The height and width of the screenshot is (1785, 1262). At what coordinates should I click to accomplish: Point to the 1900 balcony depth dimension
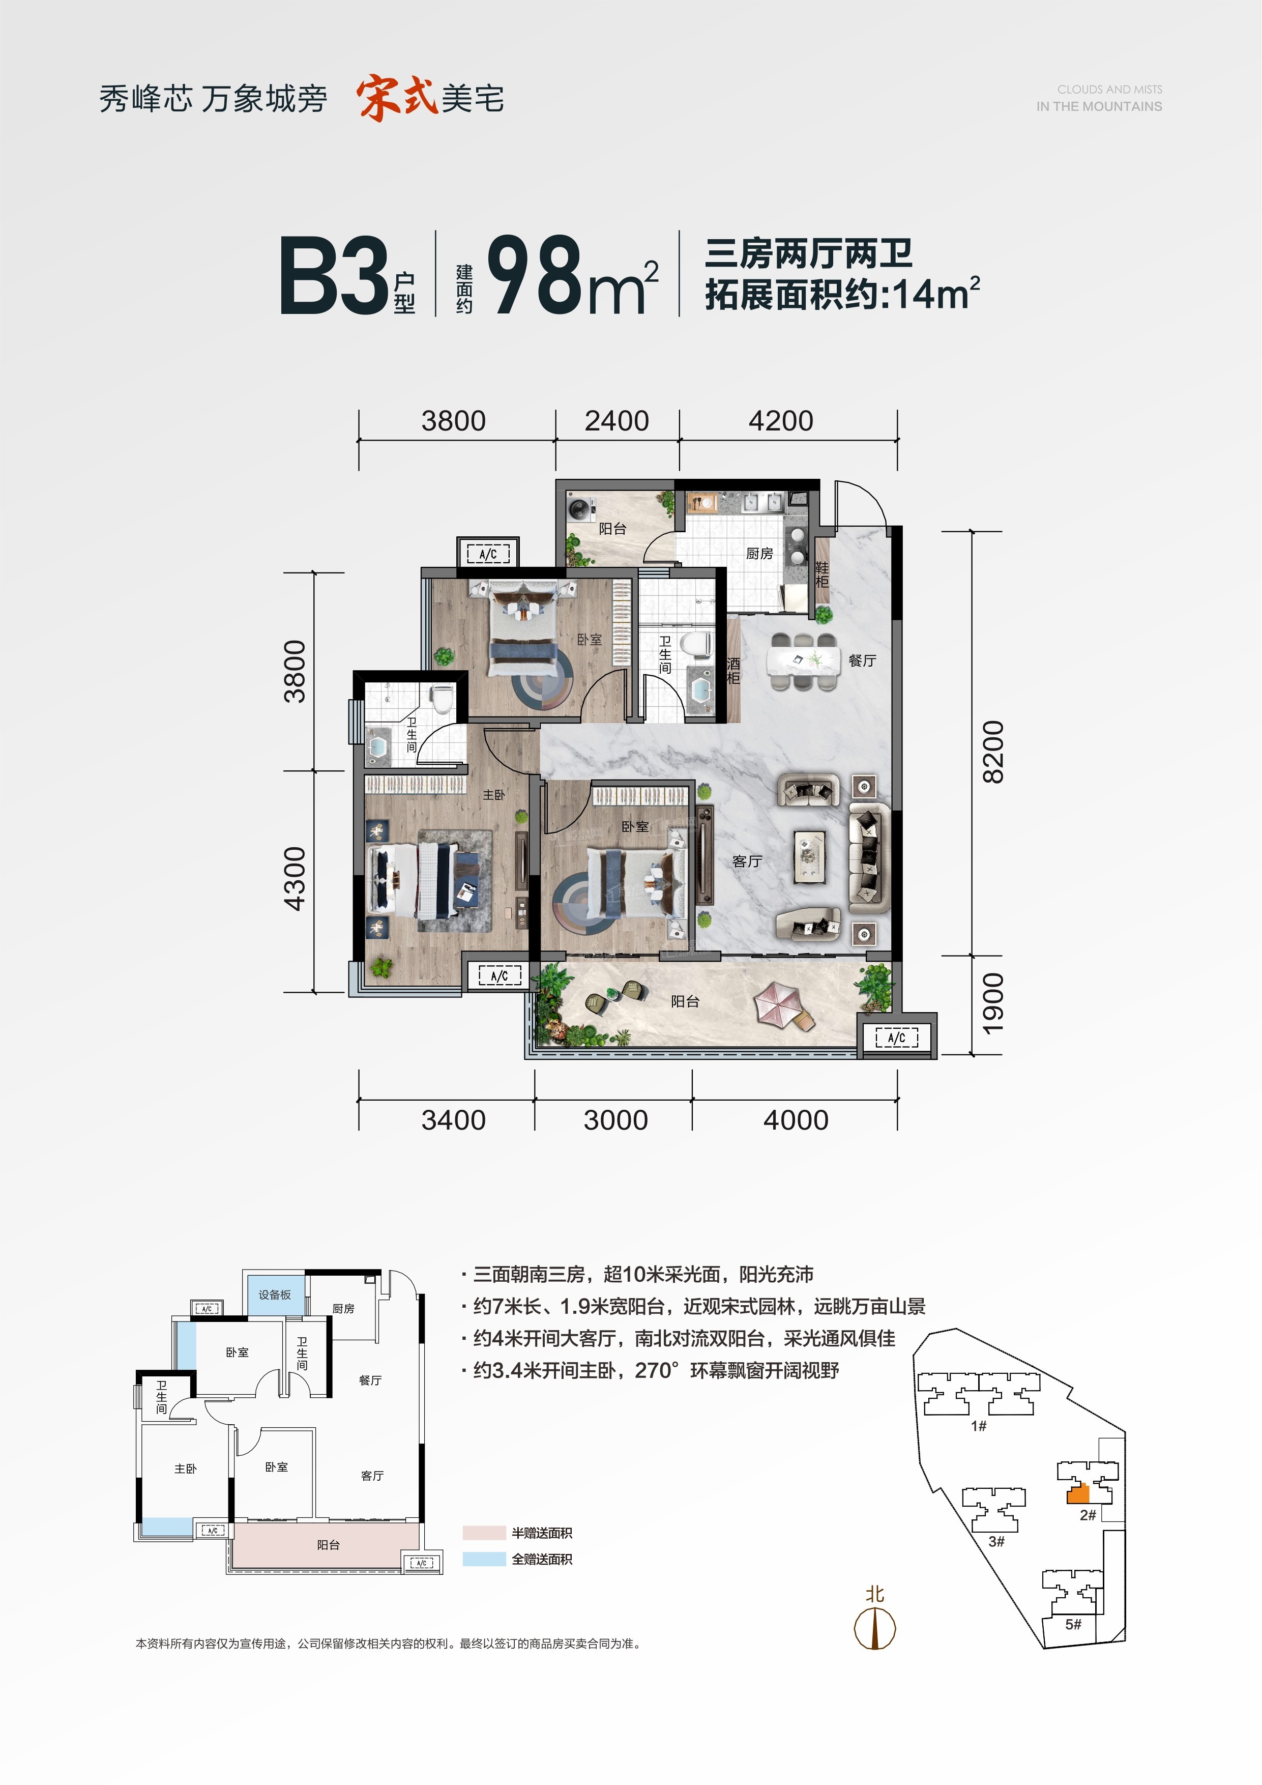pos(993,1003)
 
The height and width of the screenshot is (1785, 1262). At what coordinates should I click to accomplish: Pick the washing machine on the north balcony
pos(580,510)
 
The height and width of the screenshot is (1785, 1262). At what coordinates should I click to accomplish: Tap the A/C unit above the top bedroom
pos(488,554)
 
